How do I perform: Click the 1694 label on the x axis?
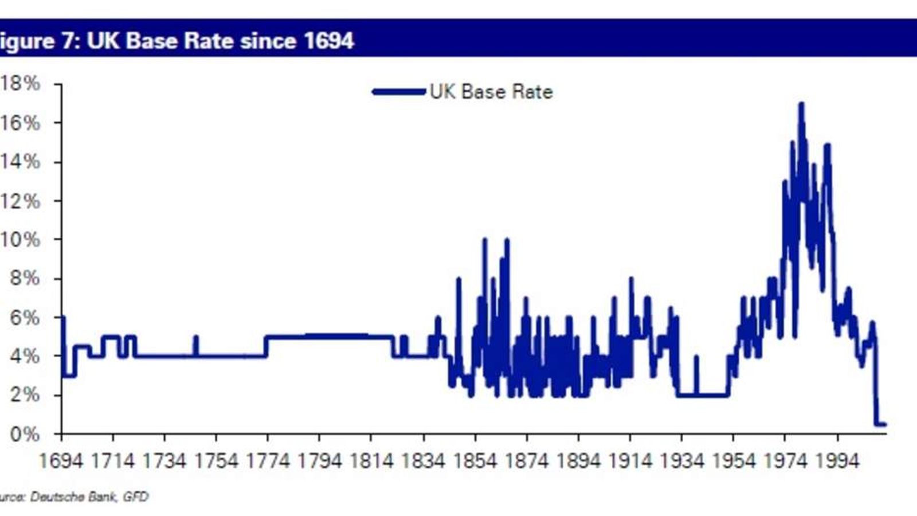61,461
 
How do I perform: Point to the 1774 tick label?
268,461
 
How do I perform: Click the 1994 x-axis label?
837,461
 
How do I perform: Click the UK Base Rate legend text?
491,92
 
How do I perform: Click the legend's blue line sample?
399,92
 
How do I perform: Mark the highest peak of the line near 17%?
801,104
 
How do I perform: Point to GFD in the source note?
136,497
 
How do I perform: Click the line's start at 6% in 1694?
62,318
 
